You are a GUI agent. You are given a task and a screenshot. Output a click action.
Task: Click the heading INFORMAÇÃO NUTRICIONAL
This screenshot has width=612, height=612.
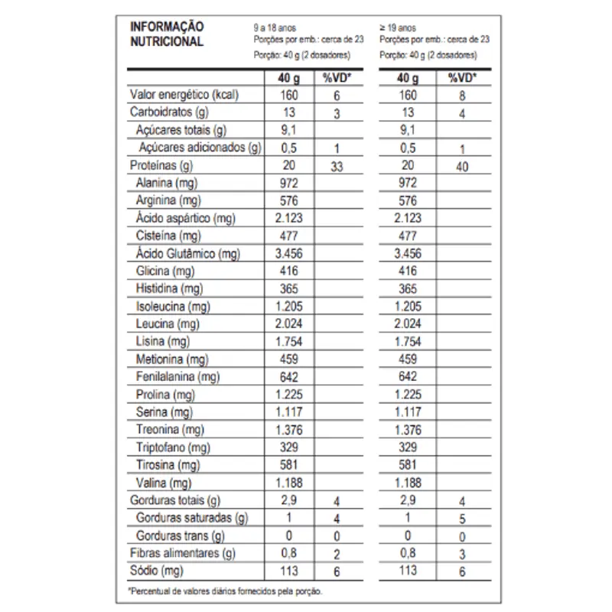(167, 34)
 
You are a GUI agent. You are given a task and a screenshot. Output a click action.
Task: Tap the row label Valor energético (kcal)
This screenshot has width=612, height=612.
(185, 95)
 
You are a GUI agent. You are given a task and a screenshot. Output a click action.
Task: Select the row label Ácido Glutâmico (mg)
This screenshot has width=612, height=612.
(185, 253)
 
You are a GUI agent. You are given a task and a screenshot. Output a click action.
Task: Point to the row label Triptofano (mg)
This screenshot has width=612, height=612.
(173, 448)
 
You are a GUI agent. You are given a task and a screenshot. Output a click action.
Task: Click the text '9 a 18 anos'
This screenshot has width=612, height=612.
(273, 26)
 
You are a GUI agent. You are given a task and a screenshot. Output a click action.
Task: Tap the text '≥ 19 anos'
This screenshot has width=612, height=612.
(399, 26)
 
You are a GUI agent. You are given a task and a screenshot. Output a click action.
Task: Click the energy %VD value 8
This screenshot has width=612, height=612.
(462, 96)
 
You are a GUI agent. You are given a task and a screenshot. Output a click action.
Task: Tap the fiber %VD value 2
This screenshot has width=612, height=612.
(337, 555)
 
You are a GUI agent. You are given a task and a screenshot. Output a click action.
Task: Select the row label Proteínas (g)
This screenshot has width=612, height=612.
(161, 165)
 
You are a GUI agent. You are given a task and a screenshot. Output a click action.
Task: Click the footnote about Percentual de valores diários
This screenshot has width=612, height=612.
(225, 591)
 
